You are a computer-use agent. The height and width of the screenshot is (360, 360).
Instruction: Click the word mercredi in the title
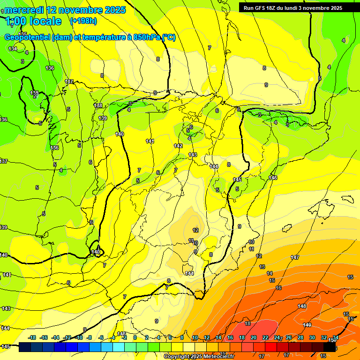point(25,10)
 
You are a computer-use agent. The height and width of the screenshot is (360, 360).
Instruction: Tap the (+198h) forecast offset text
point(83,21)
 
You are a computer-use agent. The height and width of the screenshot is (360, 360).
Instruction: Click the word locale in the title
point(45,21)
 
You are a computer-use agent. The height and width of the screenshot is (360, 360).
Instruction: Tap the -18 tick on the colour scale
point(32,337)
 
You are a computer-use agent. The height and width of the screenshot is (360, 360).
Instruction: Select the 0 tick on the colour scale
point(135,337)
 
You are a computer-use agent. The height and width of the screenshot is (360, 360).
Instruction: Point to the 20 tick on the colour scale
point(253,337)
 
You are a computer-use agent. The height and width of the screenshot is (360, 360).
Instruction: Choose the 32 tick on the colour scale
point(323,337)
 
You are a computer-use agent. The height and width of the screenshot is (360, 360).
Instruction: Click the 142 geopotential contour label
point(178,146)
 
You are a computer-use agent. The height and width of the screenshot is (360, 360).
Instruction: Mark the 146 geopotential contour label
point(273,178)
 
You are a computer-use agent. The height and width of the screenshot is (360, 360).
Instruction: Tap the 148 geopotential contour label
point(302,306)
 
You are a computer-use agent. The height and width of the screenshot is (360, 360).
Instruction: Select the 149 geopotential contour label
point(307,325)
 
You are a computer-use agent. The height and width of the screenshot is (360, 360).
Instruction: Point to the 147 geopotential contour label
point(295,257)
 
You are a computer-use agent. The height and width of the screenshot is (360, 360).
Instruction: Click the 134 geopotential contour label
point(13,49)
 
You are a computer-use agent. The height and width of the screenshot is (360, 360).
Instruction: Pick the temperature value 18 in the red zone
point(247,324)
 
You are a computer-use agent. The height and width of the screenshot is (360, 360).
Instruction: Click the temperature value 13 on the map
point(262,267)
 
